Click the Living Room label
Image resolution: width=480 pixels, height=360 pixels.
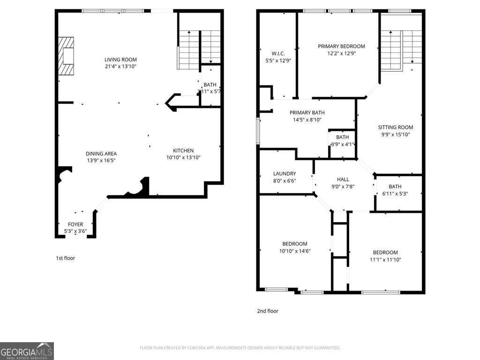120,60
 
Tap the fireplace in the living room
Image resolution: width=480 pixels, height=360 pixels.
66,56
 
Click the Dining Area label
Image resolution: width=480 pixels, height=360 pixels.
101,154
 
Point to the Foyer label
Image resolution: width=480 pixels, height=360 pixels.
75,225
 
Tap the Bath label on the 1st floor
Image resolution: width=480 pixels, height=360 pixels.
210,85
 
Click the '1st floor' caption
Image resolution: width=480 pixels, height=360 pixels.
65,258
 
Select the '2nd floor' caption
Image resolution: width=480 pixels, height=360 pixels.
267,311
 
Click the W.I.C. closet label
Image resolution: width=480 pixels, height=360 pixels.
278,53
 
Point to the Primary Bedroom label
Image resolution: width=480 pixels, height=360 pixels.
341,46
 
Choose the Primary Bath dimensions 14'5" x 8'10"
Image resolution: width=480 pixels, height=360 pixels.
307,120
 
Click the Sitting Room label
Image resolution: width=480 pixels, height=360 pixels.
396,127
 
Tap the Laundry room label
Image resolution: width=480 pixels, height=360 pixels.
285,173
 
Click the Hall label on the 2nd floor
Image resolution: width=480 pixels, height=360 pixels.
343,179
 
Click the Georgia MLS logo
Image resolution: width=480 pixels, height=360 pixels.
27,351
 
